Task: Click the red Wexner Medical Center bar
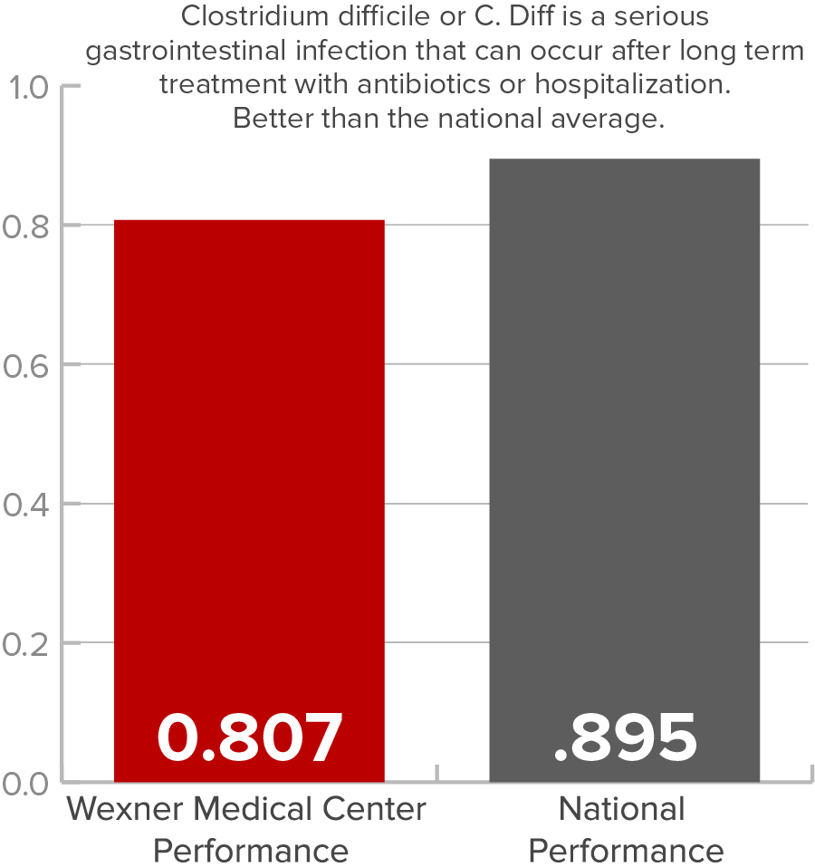click(x=249, y=453)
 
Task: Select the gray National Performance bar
click(x=624, y=435)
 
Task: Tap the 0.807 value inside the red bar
click(x=250, y=737)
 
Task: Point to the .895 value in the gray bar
click(x=625, y=737)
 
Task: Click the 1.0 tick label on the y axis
click(x=27, y=88)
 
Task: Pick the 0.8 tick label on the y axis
click(x=27, y=226)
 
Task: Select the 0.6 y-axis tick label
click(x=27, y=365)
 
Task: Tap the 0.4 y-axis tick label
click(x=27, y=504)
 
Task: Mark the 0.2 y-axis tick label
click(x=27, y=643)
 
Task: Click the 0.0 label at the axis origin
click(x=27, y=782)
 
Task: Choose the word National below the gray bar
click(x=622, y=808)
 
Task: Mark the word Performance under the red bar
click(x=250, y=851)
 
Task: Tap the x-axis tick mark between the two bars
click(x=437, y=772)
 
